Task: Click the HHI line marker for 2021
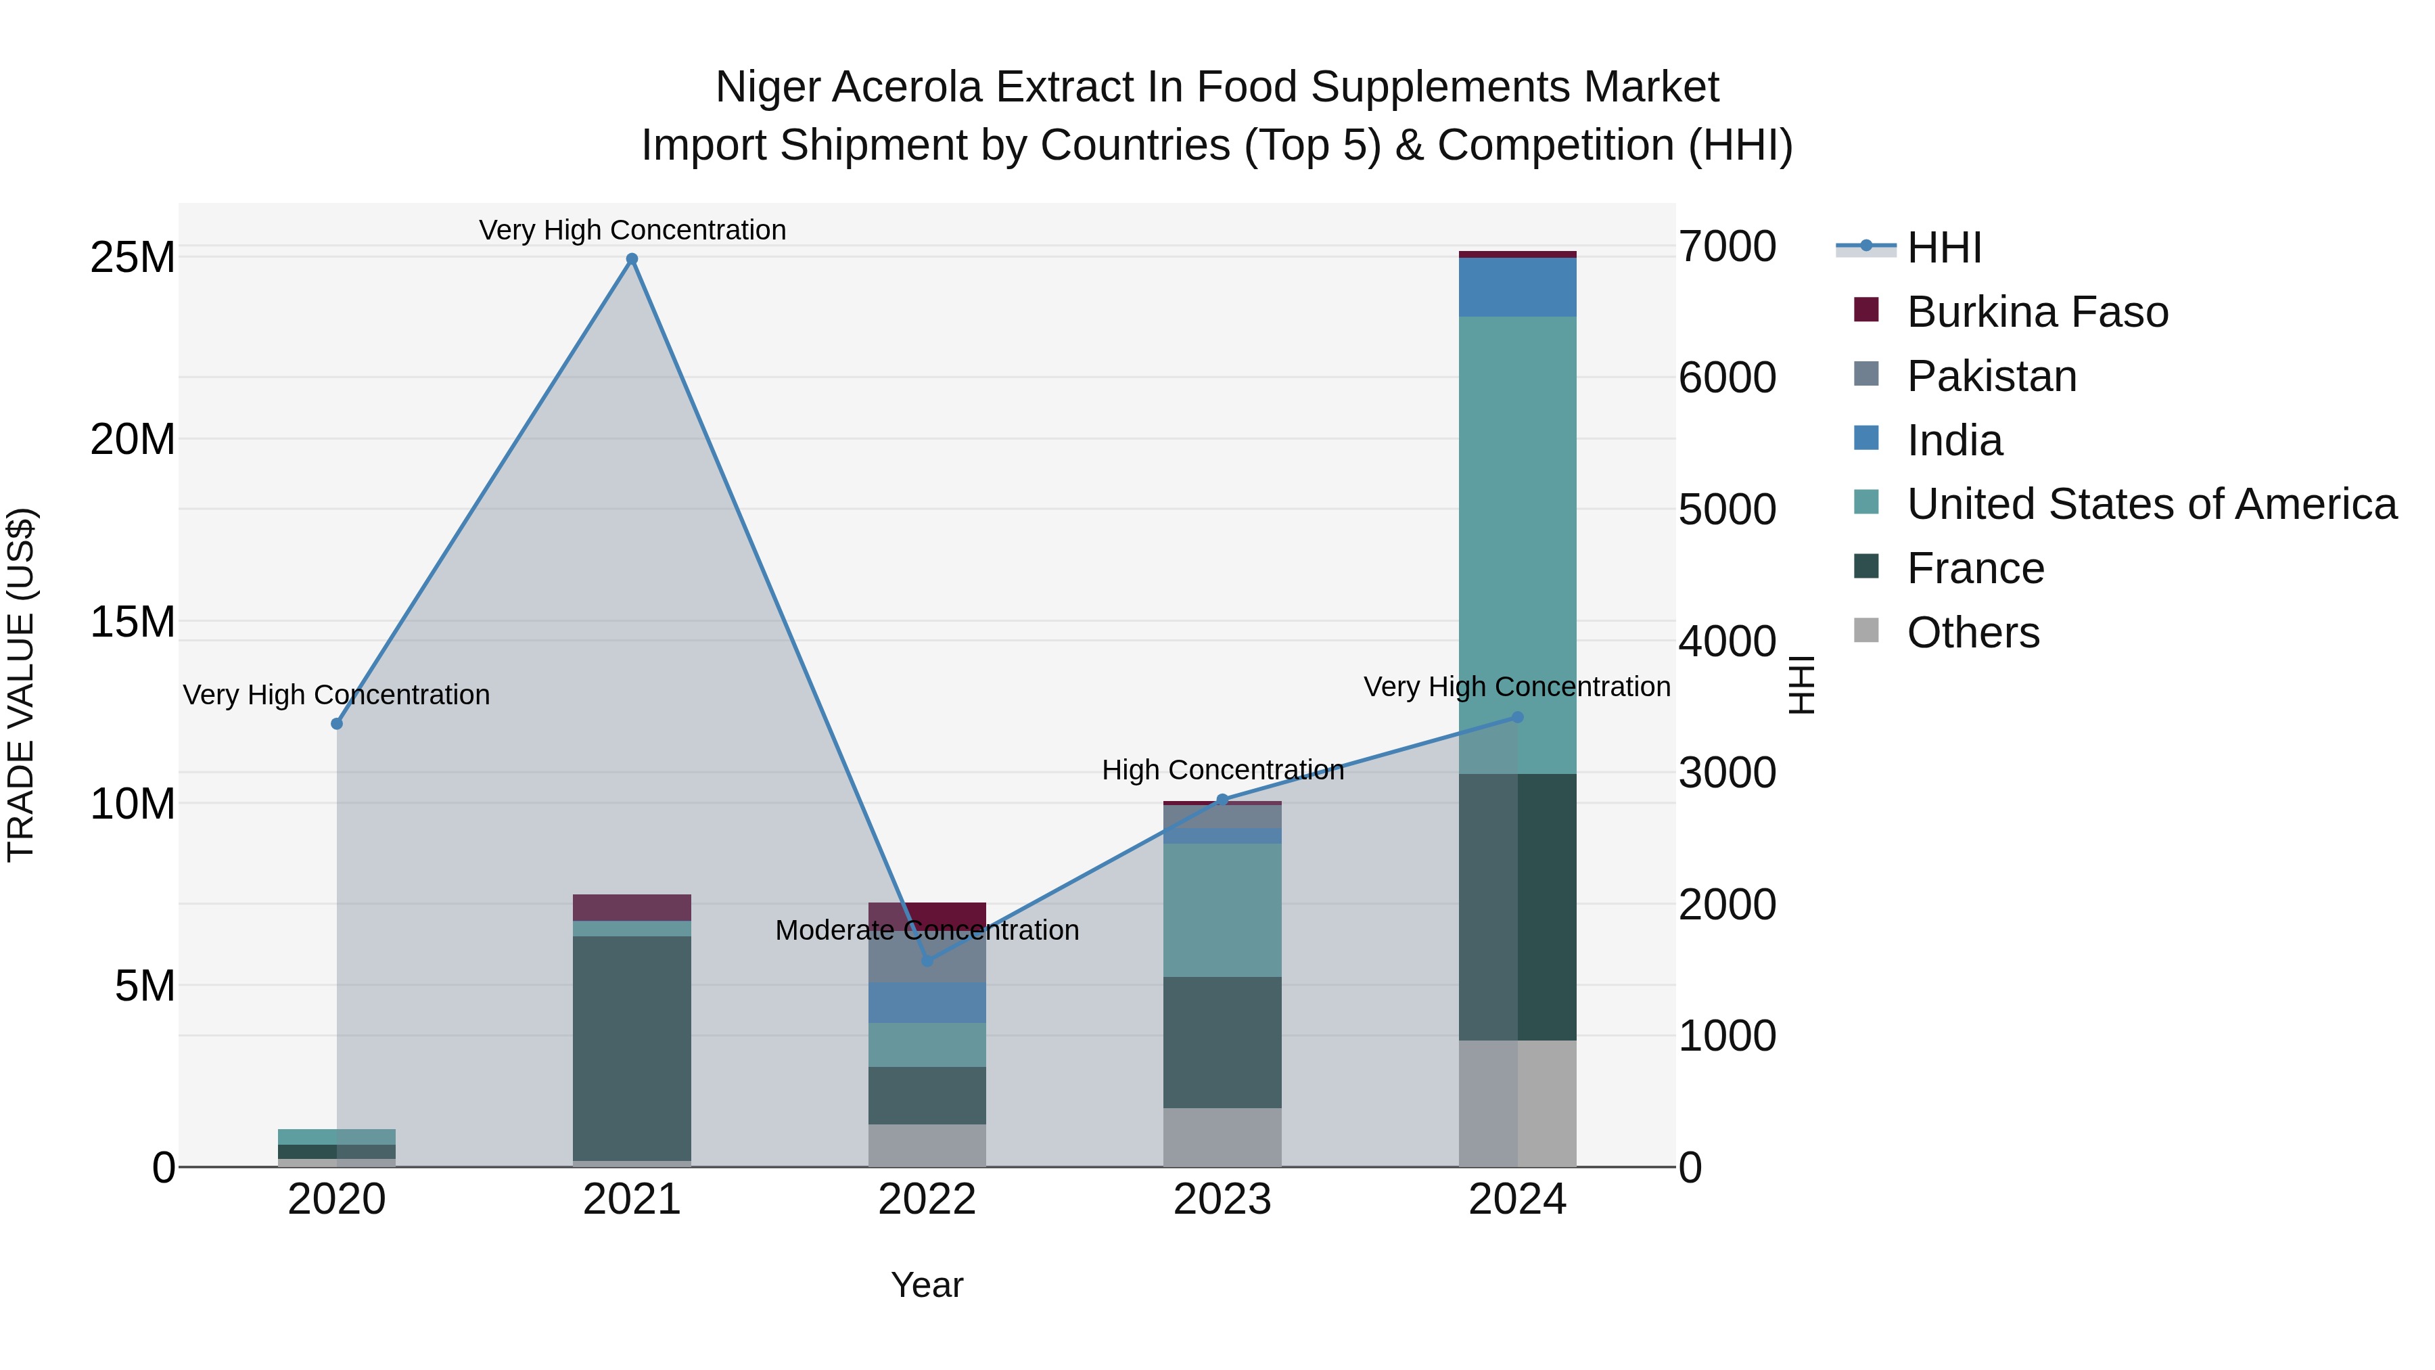point(632,259)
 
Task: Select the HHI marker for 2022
point(927,961)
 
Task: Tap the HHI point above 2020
point(337,723)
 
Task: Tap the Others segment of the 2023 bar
point(1222,1137)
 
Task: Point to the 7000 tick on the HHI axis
point(1727,247)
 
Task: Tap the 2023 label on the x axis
point(1222,1200)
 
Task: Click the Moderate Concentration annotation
point(927,930)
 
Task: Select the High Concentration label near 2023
point(1222,770)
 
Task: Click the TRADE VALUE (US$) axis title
point(21,685)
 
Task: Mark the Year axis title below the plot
point(927,1285)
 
